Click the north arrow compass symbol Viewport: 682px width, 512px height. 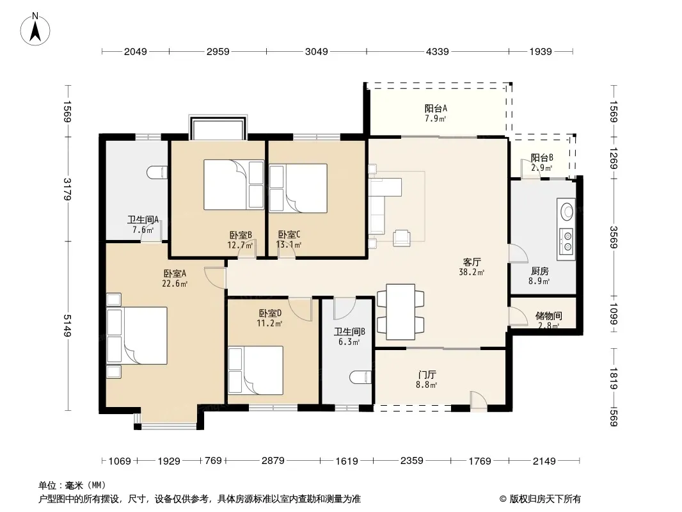click(x=35, y=29)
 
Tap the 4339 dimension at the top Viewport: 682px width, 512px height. click(x=437, y=51)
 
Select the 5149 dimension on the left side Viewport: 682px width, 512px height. click(x=67, y=325)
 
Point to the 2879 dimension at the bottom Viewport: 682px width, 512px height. click(x=273, y=460)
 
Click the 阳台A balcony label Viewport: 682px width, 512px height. click(x=436, y=108)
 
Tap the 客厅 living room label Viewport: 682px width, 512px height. click(x=472, y=262)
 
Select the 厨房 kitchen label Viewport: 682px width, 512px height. click(x=540, y=271)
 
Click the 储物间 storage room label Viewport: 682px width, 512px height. click(x=548, y=316)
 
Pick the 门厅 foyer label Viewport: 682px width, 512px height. click(x=427, y=375)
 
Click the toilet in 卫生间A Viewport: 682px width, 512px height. click(x=157, y=173)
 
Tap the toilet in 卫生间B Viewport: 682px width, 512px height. click(x=361, y=378)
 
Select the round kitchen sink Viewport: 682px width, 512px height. click(x=566, y=212)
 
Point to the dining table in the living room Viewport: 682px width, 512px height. click(x=400, y=312)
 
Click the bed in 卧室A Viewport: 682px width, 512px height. click(x=137, y=335)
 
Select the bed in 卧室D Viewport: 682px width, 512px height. click(x=256, y=370)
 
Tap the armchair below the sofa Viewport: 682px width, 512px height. click(x=401, y=238)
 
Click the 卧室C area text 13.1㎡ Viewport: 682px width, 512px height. click(x=289, y=244)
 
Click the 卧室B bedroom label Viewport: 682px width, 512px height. click(x=241, y=236)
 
